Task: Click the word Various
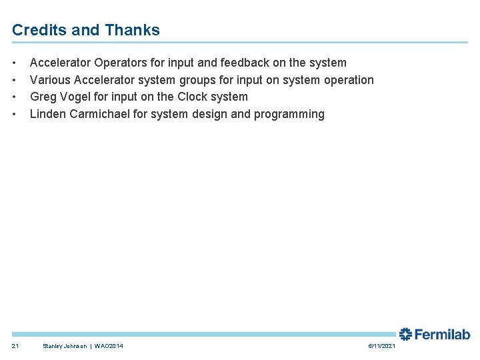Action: (x=51, y=80)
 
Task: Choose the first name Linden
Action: (x=49, y=114)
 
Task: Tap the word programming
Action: (x=293, y=114)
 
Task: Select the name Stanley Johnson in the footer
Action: (x=64, y=346)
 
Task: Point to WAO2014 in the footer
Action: (x=109, y=346)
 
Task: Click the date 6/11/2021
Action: (x=381, y=346)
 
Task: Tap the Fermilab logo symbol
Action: (x=405, y=334)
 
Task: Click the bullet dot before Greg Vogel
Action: (x=15, y=97)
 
